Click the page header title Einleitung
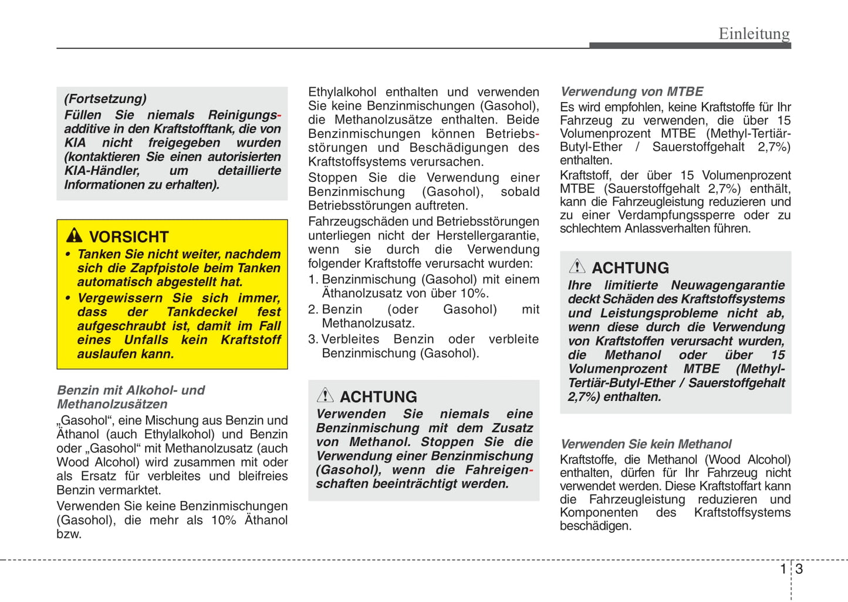pyautogui.click(x=754, y=33)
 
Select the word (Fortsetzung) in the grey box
pyautogui.click(x=105, y=99)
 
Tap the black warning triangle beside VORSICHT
pyautogui.click(x=74, y=235)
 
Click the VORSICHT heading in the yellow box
pyautogui.click(x=129, y=237)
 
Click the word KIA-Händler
pyautogui.click(x=102, y=171)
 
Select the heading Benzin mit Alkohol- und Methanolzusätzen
pyautogui.click(x=130, y=397)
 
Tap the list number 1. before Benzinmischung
pyautogui.click(x=313, y=280)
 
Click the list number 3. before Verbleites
pyautogui.click(x=313, y=339)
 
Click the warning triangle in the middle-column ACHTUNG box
pyautogui.click(x=325, y=395)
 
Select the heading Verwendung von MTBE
pyautogui.click(x=631, y=92)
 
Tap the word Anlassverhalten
pyautogui.click(x=665, y=229)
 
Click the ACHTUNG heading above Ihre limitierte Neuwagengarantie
pyautogui.click(x=630, y=268)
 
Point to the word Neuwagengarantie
pyautogui.click(x=727, y=285)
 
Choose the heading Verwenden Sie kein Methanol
pyautogui.click(x=646, y=444)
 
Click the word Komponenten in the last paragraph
pyautogui.click(x=599, y=513)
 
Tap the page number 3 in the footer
pyautogui.click(x=799, y=569)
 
